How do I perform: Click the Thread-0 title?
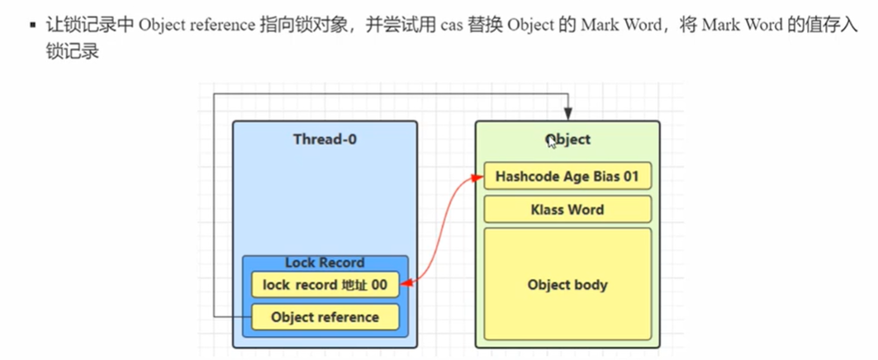click(x=325, y=140)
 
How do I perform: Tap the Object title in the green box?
click(x=568, y=140)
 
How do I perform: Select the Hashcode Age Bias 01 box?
click(x=567, y=176)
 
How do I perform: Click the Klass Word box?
click(x=567, y=210)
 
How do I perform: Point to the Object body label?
click(x=567, y=285)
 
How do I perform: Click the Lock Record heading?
click(x=325, y=263)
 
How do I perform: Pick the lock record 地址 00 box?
click(x=325, y=285)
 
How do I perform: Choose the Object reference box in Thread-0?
click(x=325, y=316)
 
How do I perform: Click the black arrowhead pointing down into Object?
click(x=567, y=115)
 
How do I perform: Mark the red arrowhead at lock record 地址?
click(x=406, y=285)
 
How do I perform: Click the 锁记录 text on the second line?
click(x=74, y=50)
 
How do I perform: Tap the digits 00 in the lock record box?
click(x=379, y=285)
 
